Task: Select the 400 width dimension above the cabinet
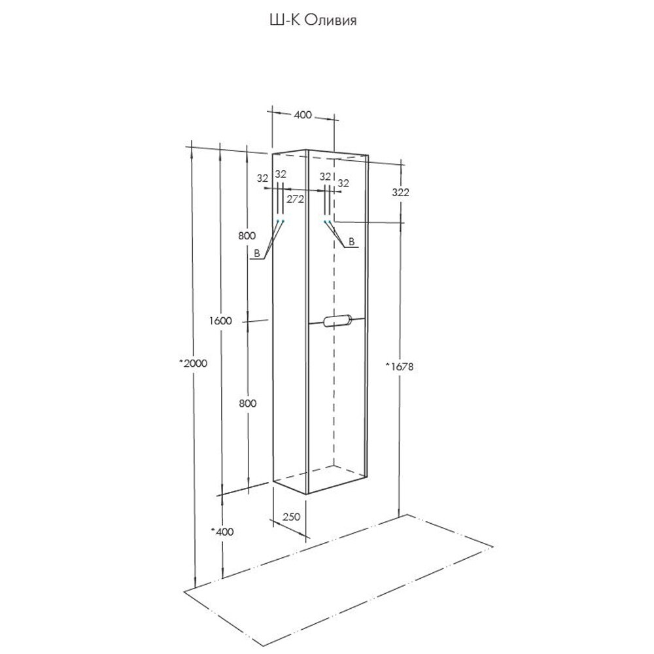click(x=302, y=115)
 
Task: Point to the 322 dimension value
click(x=400, y=192)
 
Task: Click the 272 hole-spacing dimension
click(x=296, y=200)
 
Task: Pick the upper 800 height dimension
click(x=247, y=235)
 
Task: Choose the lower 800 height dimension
click(x=247, y=404)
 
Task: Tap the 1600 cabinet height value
click(x=222, y=320)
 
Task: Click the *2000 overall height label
click(x=193, y=364)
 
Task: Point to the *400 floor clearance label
click(x=222, y=532)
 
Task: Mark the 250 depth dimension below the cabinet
click(x=292, y=517)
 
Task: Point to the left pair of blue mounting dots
click(x=281, y=222)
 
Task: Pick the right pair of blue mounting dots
click(x=326, y=222)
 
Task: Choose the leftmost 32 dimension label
click(x=263, y=177)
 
